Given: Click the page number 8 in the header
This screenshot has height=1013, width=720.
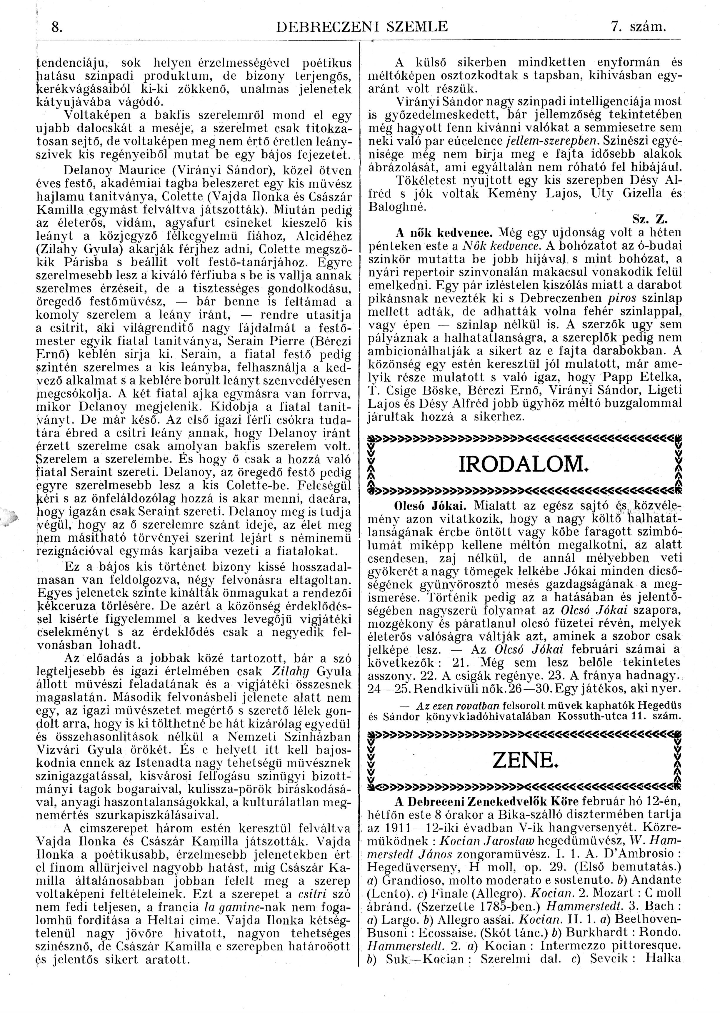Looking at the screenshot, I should [56, 27].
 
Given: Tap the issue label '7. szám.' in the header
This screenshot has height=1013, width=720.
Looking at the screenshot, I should [639, 27].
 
